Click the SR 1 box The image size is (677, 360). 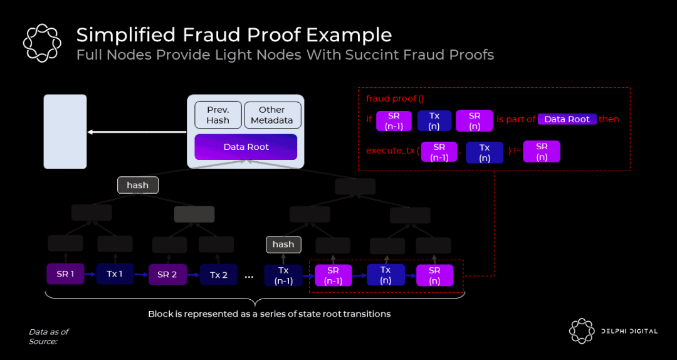pyautogui.click(x=65, y=274)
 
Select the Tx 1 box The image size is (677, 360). pyautogui.click(x=115, y=274)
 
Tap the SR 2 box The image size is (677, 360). pyautogui.click(x=167, y=275)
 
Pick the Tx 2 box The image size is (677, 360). pyautogui.click(x=219, y=275)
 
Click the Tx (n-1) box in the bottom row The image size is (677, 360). pyautogui.click(x=283, y=275)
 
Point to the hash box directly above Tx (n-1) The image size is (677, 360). pyautogui.click(x=283, y=244)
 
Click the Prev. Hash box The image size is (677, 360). pyautogui.click(x=218, y=115)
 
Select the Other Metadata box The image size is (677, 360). pyautogui.click(x=272, y=115)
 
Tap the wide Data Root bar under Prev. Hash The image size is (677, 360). pyautogui.click(x=246, y=147)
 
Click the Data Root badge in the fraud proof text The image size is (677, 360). pyautogui.click(x=567, y=119)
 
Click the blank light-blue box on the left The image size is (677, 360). pyautogui.click(x=65, y=132)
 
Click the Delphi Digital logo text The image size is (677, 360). pyautogui.click(x=628, y=331)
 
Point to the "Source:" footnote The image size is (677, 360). pyautogui.click(x=43, y=341)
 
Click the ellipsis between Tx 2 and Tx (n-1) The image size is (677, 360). pyautogui.click(x=249, y=276)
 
